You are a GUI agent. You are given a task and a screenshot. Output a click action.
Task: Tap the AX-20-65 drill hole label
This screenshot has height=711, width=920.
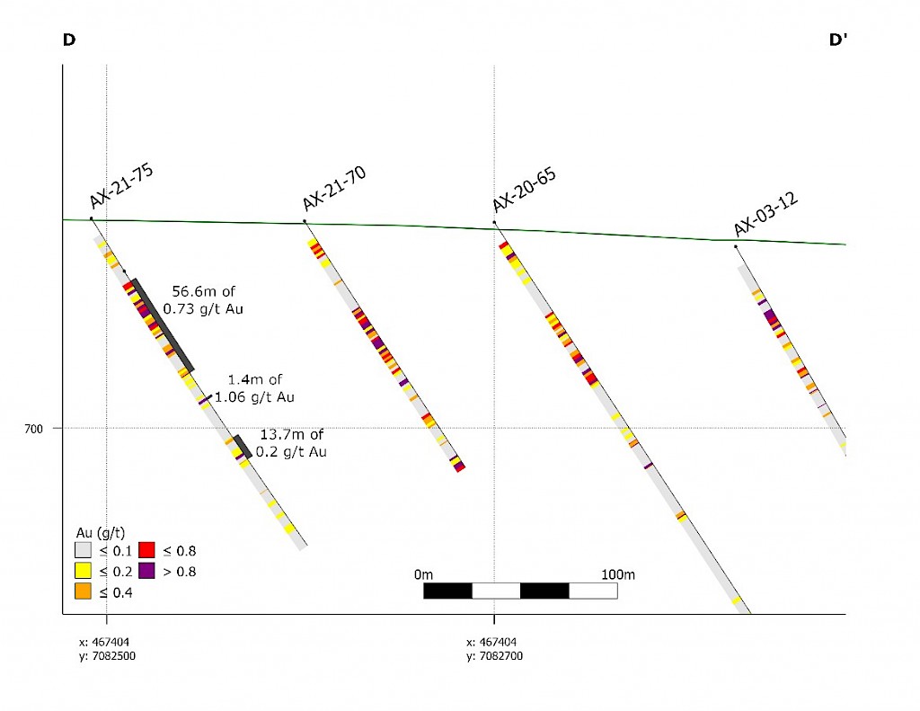(524, 191)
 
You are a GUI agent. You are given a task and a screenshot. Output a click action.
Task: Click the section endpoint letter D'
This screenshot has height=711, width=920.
(838, 40)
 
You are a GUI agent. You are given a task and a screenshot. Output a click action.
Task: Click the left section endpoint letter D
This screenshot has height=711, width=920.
(68, 40)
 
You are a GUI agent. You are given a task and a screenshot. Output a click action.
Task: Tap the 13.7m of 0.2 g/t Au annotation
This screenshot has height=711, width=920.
(291, 443)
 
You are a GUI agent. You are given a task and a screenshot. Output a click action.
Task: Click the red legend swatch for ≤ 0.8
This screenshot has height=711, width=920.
(147, 550)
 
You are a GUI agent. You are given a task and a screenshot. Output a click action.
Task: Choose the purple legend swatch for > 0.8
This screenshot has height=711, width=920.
(147, 571)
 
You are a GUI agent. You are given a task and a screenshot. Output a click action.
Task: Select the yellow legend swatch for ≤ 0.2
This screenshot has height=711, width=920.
(84, 571)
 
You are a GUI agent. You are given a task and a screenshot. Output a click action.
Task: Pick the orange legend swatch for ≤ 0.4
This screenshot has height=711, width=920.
(84, 591)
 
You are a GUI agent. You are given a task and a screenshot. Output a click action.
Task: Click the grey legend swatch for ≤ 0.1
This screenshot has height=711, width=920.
(84, 550)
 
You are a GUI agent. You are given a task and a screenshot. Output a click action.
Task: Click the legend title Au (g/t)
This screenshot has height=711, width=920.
(100, 531)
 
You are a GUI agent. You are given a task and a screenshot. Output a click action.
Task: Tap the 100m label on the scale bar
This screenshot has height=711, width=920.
(617, 574)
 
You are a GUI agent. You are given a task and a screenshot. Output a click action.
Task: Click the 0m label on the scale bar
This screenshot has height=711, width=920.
(424, 574)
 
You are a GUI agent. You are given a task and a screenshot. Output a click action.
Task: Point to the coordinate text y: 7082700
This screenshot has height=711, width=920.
(494, 656)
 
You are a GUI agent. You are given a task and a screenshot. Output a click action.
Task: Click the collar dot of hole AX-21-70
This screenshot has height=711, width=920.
(305, 221)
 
